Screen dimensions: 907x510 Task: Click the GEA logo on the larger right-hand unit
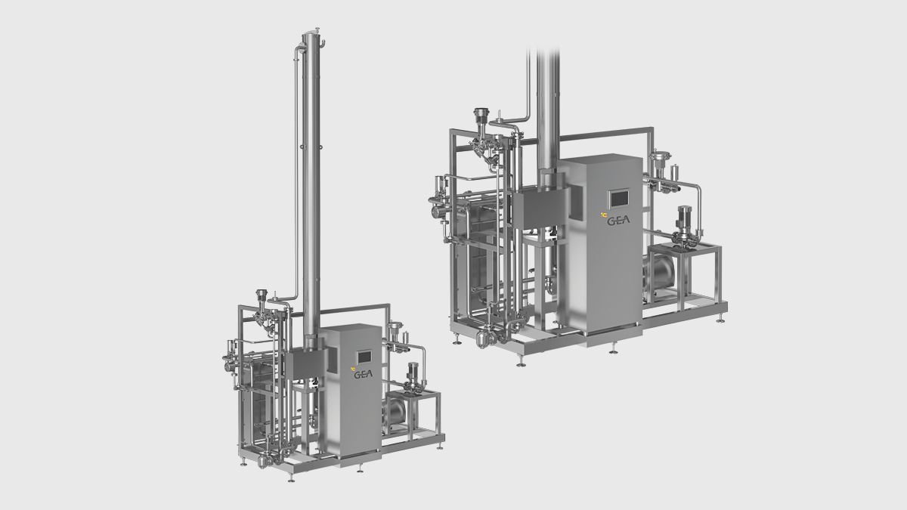618,221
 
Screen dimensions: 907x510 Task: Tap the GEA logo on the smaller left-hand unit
364,374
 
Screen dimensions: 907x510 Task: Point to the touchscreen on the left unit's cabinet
364,357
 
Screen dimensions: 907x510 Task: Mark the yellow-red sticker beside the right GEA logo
604,215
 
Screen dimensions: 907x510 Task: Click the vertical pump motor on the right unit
684,220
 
